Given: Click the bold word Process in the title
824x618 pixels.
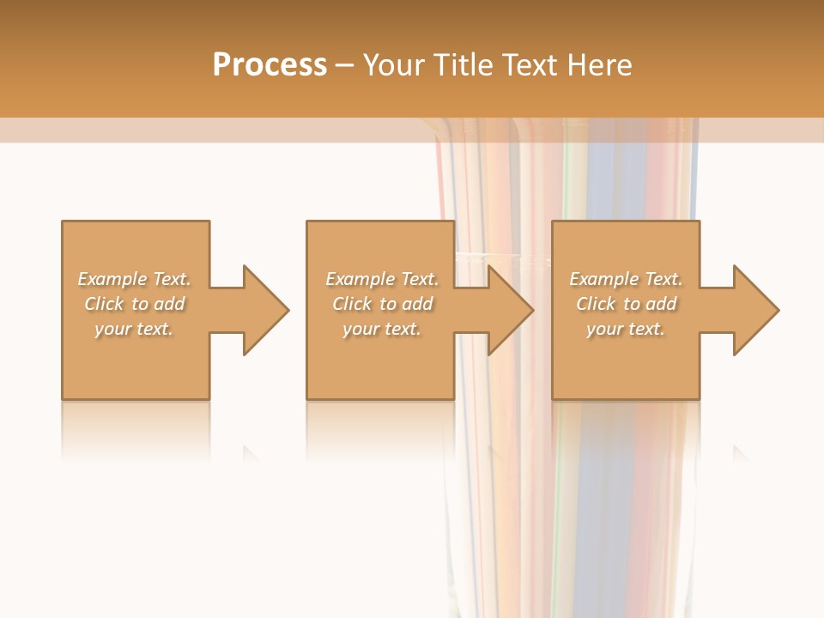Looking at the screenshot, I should coord(270,65).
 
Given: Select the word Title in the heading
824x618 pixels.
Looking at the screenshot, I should coord(465,65).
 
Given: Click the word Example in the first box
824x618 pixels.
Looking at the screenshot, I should coord(112,279).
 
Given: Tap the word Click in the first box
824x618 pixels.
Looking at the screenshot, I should coord(103,304).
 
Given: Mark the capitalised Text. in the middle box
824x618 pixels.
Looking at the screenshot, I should coord(419,279).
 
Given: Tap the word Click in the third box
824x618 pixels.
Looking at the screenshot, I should coord(596,304).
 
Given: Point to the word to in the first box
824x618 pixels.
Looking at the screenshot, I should coord(140,304).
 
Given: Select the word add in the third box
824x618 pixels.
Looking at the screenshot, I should coord(661,304).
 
